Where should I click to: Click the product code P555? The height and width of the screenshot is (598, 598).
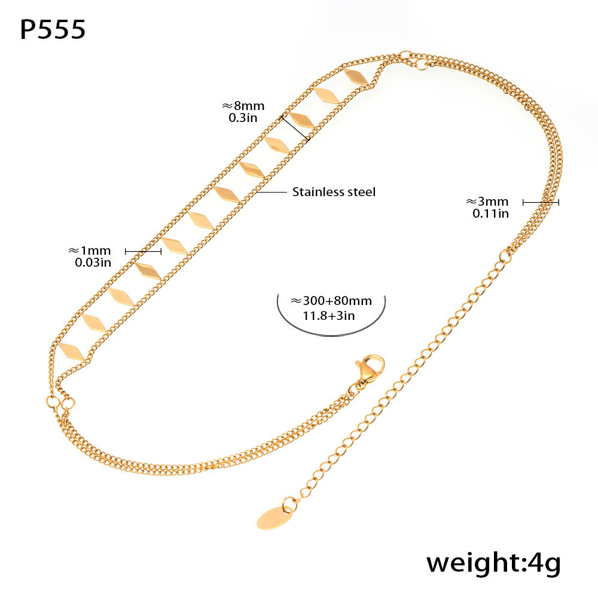[x=53, y=29]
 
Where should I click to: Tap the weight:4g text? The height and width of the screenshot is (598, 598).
[x=493, y=563]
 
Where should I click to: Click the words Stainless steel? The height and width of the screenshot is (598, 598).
[x=334, y=192]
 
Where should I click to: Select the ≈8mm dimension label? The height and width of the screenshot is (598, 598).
[x=243, y=105]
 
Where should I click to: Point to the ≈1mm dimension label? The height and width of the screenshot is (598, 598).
[x=90, y=251]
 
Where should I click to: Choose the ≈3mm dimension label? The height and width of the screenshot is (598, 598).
[x=487, y=202]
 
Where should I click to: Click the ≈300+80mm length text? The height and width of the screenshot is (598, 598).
[x=331, y=301]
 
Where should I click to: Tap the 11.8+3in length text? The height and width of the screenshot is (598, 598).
[x=329, y=316]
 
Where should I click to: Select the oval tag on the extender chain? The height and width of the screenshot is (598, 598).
[x=274, y=517]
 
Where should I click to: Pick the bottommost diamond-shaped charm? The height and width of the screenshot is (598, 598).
[x=72, y=352]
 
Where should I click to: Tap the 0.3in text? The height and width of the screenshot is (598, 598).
[x=243, y=118]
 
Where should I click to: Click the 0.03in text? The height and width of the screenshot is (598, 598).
[x=93, y=263]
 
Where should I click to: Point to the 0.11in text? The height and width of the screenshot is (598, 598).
[x=490, y=213]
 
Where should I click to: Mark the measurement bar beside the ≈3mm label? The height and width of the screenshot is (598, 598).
[x=541, y=202]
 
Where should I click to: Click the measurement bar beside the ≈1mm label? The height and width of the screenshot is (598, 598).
[x=143, y=251]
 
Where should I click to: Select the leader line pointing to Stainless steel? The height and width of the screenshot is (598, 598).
[x=271, y=192]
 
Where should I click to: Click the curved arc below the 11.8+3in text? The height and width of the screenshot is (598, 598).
[x=331, y=325]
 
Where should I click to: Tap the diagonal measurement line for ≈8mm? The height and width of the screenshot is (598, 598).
[x=295, y=128]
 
